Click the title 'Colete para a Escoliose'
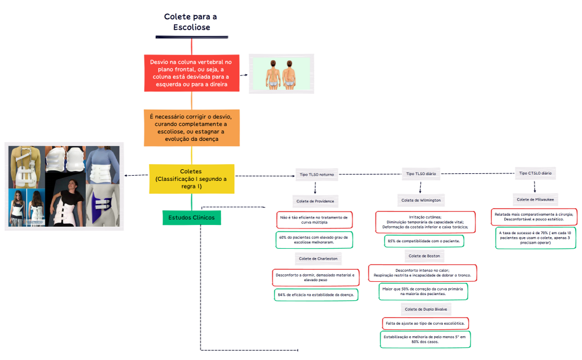(x=191, y=22)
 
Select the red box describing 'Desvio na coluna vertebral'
(x=191, y=73)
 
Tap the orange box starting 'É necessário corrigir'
(x=191, y=127)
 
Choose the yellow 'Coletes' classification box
(x=191, y=179)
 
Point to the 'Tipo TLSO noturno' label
(x=317, y=174)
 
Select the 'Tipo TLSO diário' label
(x=421, y=173)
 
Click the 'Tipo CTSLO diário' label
(x=535, y=173)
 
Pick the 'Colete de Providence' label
(x=315, y=201)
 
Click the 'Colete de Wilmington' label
(x=421, y=200)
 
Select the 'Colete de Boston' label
(x=424, y=256)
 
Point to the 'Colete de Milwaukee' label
(x=535, y=199)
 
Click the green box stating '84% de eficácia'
(x=316, y=295)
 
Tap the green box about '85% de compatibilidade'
(x=423, y=241)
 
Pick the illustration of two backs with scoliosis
(x=281, y=74)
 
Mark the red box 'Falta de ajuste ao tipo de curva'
(x=425, y=323)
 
